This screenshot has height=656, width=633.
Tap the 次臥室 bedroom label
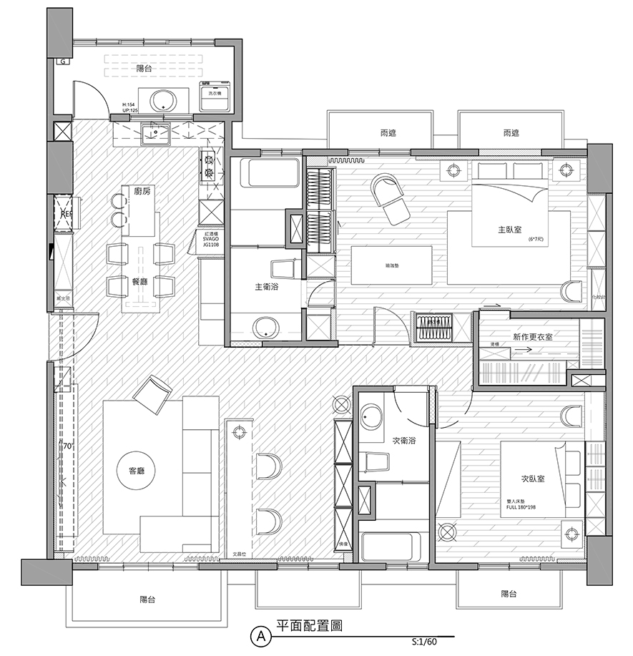(533, 479)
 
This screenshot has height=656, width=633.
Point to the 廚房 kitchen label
(142, 191)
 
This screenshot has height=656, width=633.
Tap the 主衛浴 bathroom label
(268, 286)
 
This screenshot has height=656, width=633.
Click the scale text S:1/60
(424, 642)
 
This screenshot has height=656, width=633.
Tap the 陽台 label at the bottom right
(509, 594)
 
